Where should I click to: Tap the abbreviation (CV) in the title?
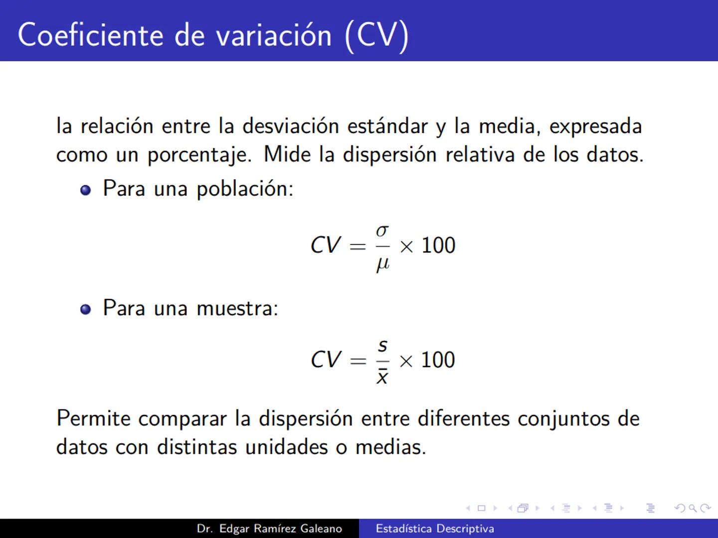coord(376,36)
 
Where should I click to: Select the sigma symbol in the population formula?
coord(382,231)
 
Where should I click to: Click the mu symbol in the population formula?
coord(382,263)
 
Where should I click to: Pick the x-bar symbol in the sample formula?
coord(382,376)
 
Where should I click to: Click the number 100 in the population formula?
coord(438,246)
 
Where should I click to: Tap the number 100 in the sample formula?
coord(438,360)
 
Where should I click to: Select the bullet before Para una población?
coord(86,190)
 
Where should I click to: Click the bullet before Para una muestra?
coord(86,309)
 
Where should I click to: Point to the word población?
coord(244,189)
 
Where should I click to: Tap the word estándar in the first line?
coord(387,126)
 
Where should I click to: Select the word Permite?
coord(93,418)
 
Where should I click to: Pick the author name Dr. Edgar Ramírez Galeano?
coord(269,529)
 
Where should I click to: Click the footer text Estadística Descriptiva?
coord(435,529)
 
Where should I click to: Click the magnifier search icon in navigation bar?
coord(693,508)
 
